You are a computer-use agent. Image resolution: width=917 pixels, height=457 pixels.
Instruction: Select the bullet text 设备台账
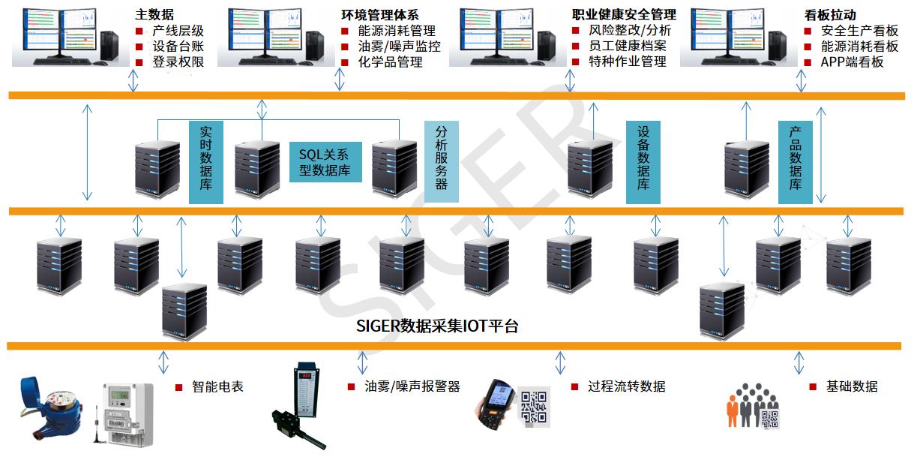178,47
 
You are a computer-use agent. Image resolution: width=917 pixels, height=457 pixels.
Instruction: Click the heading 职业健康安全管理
624,14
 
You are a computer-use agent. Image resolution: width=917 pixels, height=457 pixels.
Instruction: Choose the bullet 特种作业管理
628,62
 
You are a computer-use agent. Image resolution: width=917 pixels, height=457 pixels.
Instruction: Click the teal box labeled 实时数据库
206,162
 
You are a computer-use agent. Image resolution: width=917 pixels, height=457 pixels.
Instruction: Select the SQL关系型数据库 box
325,162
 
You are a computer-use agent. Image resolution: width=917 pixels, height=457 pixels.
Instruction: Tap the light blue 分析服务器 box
442,156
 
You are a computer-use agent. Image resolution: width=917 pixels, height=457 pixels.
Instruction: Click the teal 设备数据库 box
643,162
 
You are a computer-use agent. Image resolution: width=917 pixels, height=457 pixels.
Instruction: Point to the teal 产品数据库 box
796,162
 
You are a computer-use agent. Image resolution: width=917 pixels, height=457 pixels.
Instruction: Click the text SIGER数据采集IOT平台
438,326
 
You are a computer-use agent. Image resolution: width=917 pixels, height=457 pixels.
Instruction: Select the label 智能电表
217,387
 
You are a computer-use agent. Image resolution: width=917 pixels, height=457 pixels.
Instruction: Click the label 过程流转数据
627,387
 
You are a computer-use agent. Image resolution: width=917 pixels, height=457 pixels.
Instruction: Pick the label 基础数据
852,387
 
